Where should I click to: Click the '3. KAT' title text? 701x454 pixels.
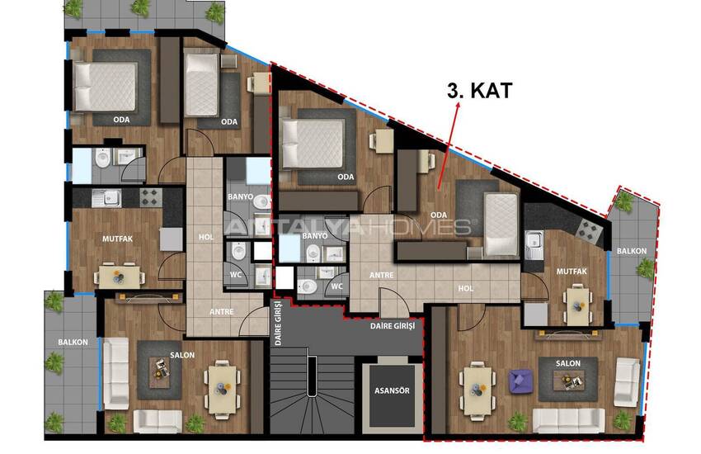[479, 91]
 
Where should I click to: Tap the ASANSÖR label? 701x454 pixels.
[392, 390]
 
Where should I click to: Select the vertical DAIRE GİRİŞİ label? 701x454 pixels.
[278, 323]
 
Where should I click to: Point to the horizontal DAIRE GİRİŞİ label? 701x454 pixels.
[393, 326]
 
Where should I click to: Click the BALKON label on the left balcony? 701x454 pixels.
[73, 343]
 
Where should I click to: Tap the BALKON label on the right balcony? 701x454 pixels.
[632, 252]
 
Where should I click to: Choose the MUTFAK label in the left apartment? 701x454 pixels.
[118, 239]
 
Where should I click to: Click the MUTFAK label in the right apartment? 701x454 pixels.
[572, 271]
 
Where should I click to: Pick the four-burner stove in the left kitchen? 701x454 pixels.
[150, 197]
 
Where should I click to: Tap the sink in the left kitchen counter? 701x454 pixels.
[106, 198]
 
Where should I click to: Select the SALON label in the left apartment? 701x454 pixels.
[182, 355]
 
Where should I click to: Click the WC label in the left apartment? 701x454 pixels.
[236, 274]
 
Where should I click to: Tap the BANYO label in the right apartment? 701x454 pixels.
[315, 236]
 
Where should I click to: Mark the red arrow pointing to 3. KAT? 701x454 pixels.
[448, 145]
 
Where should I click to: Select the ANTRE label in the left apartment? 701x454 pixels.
[222, 312]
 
